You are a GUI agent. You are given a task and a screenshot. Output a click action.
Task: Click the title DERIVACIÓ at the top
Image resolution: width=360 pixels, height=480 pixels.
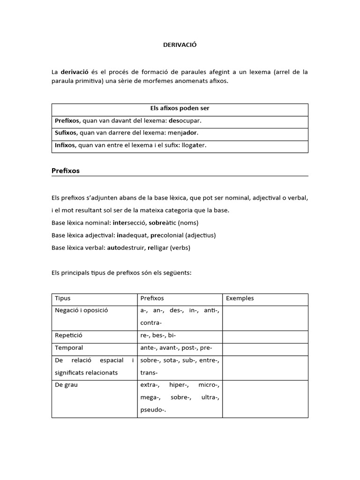(180, 45)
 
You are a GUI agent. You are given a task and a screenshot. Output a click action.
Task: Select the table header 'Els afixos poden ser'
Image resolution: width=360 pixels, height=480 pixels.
(180, 108)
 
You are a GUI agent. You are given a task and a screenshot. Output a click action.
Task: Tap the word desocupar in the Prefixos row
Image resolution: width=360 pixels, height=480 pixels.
(186, 120)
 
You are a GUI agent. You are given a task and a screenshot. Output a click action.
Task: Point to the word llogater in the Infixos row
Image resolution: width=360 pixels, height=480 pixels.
(191, 145)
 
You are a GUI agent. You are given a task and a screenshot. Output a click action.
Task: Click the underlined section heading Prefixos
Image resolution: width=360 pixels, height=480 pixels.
(65, 171)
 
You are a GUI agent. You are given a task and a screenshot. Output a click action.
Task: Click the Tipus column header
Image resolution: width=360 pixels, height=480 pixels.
(63, 298)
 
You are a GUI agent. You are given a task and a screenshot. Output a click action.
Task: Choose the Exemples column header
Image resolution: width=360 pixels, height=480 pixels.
(240, 298)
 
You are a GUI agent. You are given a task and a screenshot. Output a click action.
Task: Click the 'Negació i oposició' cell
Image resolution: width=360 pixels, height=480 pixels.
(82, 310)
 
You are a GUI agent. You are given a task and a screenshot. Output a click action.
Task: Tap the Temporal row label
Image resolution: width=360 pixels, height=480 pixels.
(69, 348)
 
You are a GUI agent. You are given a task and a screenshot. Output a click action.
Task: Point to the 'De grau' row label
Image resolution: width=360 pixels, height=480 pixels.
(66, 385)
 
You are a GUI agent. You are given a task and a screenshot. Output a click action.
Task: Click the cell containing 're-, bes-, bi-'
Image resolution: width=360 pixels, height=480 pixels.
(158, 336)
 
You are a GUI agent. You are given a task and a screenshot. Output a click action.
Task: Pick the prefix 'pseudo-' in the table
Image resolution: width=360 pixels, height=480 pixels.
(153, 409)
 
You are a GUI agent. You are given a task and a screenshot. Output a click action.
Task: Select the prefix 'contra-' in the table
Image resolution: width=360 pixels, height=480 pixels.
(150, 323)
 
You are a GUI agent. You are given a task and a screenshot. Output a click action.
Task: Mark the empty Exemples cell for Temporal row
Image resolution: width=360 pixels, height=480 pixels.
(265, 348)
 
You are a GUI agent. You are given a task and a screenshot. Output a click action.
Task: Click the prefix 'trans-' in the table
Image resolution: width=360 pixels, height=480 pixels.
(149, 373)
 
